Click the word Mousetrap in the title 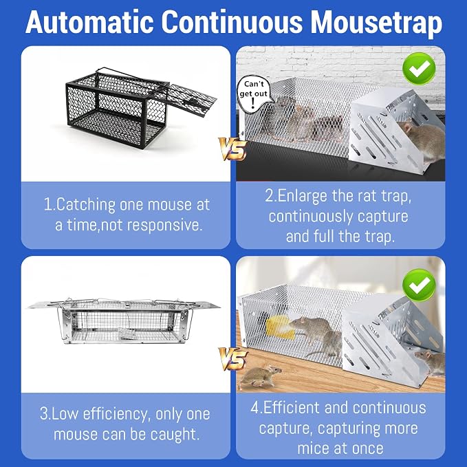pos(376,23)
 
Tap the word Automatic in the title pos(89,22)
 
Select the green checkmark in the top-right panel pos(419,69)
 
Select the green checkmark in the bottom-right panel pos(419,285)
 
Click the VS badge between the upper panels pos(232,149)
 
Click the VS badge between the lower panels pos(232,358)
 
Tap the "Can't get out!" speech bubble pos(254,94)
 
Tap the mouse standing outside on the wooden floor pos(261,377)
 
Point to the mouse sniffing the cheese pos(312,327)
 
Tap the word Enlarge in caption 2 pos(303,197)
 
